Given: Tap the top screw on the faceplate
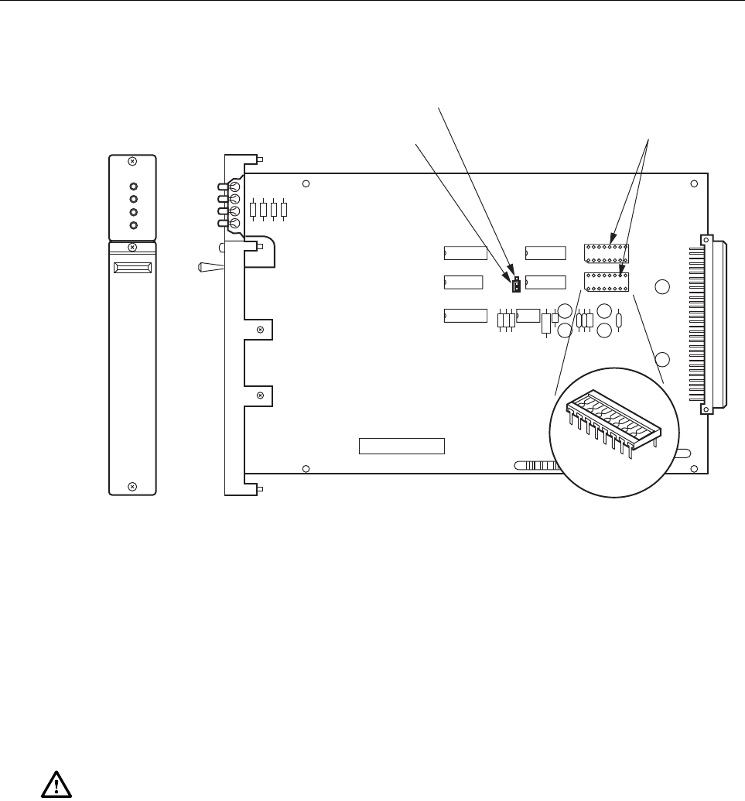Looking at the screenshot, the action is [132, 161].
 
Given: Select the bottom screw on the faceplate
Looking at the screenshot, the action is [132, 486].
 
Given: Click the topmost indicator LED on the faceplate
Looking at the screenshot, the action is [133, 187].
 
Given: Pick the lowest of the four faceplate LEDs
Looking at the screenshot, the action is [133, 225].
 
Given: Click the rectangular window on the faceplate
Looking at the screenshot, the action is [132, 268].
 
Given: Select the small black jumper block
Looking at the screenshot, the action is [514, 286].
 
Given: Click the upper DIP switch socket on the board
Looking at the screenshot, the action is [607, 252].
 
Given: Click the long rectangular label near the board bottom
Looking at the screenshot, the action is [402, 446].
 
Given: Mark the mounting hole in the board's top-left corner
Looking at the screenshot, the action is [306, 184].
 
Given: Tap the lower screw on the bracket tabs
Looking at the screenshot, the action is [261, 395].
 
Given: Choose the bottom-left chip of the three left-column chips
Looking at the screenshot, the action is [466, 315].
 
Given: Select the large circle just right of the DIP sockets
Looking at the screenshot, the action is [661, 287].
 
